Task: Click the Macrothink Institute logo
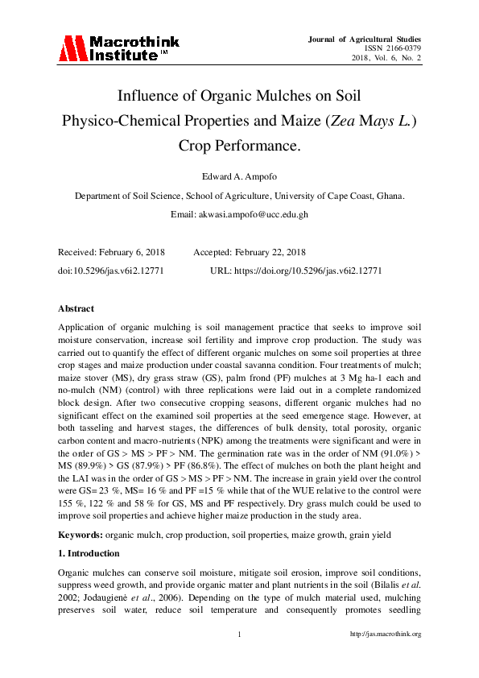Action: click(118, 48)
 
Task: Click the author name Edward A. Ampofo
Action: click(239, 176)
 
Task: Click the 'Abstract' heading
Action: click(76, 308)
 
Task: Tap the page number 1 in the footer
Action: click(240, 635)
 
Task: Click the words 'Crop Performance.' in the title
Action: click(239, 147)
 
